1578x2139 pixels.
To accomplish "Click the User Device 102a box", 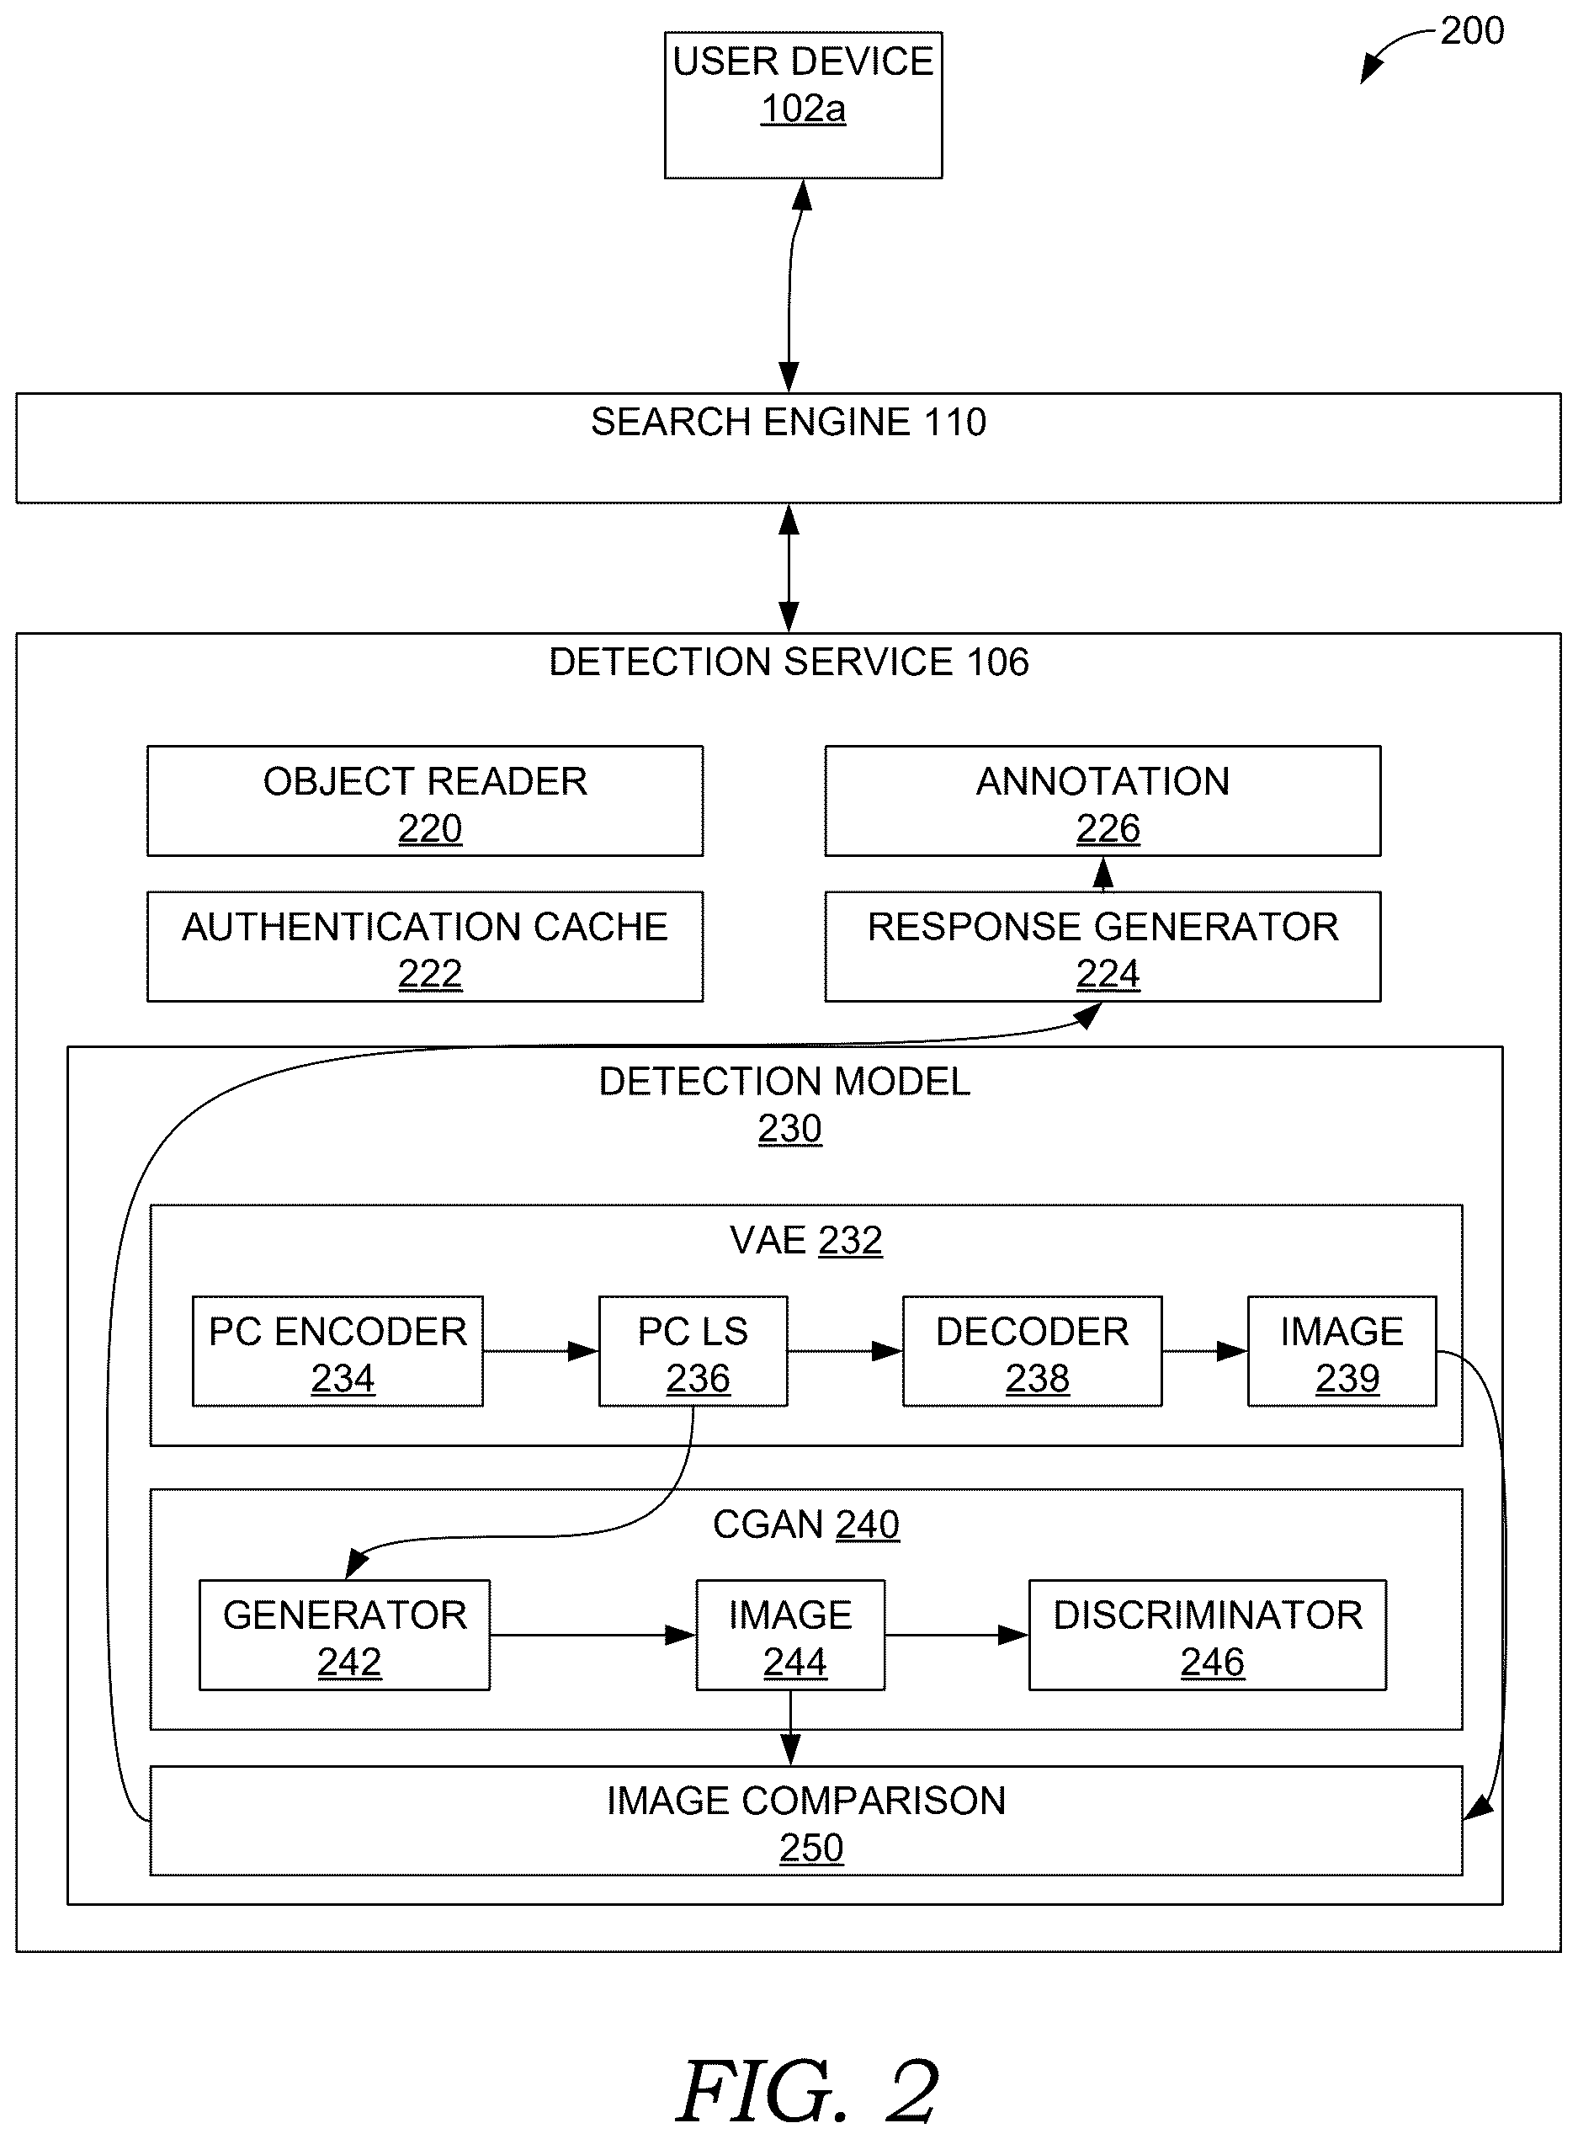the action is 804,105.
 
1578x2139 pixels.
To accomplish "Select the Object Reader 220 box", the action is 425,801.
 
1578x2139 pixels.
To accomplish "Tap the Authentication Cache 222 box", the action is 425,946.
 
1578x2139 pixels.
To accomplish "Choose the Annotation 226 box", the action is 1102,801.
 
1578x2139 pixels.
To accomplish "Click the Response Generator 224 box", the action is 1102,946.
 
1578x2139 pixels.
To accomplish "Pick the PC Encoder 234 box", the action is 338,1351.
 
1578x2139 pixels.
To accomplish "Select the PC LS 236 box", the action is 693,1351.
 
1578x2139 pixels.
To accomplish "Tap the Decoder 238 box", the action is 1033,1351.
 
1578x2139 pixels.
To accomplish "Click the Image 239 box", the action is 1342,1351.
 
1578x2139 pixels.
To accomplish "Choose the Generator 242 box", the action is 345,1635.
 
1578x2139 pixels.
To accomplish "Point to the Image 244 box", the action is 790,1635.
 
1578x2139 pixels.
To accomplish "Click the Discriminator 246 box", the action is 1208,1635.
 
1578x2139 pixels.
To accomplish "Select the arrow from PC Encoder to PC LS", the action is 540,1351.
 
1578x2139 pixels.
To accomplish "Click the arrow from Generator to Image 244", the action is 593,1635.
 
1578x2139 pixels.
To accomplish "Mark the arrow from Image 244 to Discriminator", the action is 956,1635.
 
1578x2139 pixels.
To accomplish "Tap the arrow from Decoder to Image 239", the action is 1204,1351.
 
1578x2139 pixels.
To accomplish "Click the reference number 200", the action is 1472,31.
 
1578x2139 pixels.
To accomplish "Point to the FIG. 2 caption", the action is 808,2091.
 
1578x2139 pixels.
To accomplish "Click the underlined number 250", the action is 811,1848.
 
